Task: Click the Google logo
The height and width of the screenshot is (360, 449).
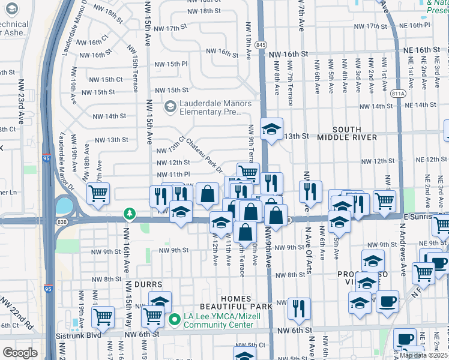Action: (x=20, y=352)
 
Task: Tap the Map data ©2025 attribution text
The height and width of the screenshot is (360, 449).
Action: (x=424, y=355)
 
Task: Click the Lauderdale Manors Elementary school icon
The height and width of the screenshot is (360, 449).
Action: (x=171, y=107)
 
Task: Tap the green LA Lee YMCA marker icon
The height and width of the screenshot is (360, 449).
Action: (x=175, y=319)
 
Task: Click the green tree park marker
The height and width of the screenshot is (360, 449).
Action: (x=129, y=213)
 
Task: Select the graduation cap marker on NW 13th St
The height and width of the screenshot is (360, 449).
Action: (x=271, y=129)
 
